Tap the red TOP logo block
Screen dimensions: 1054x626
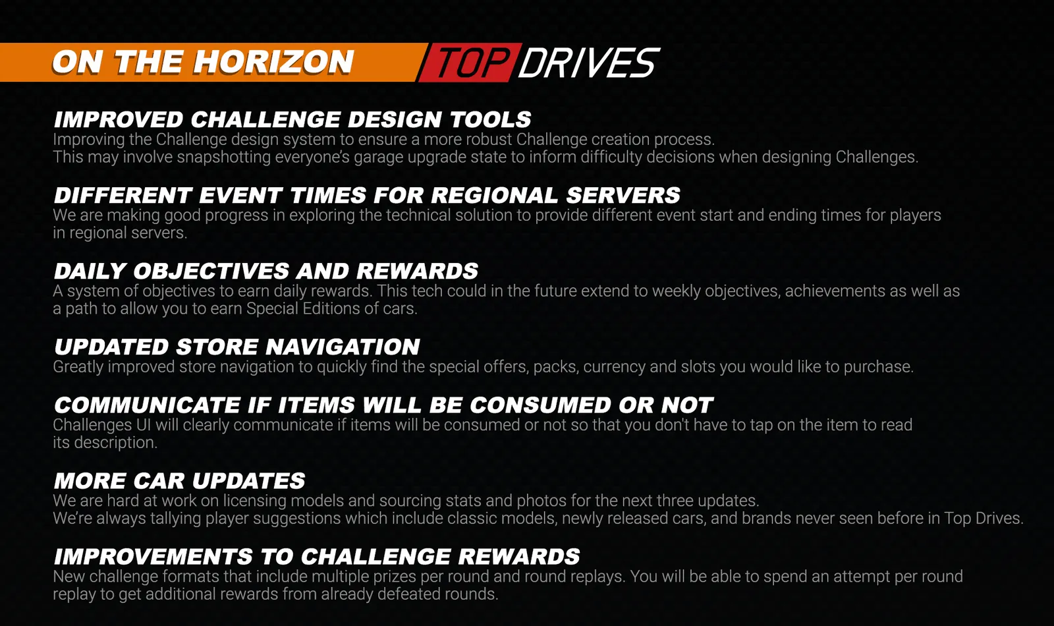(470, 63)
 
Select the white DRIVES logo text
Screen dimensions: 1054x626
(589, 63)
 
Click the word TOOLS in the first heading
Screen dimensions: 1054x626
(490, 119)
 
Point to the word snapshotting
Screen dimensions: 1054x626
(223, 157)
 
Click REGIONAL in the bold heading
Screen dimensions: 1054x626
(494, 195)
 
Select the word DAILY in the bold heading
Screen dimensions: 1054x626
(90, 271)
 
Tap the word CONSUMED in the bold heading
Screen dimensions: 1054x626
(540, 405)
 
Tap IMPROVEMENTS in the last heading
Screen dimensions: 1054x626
(153, 557)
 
